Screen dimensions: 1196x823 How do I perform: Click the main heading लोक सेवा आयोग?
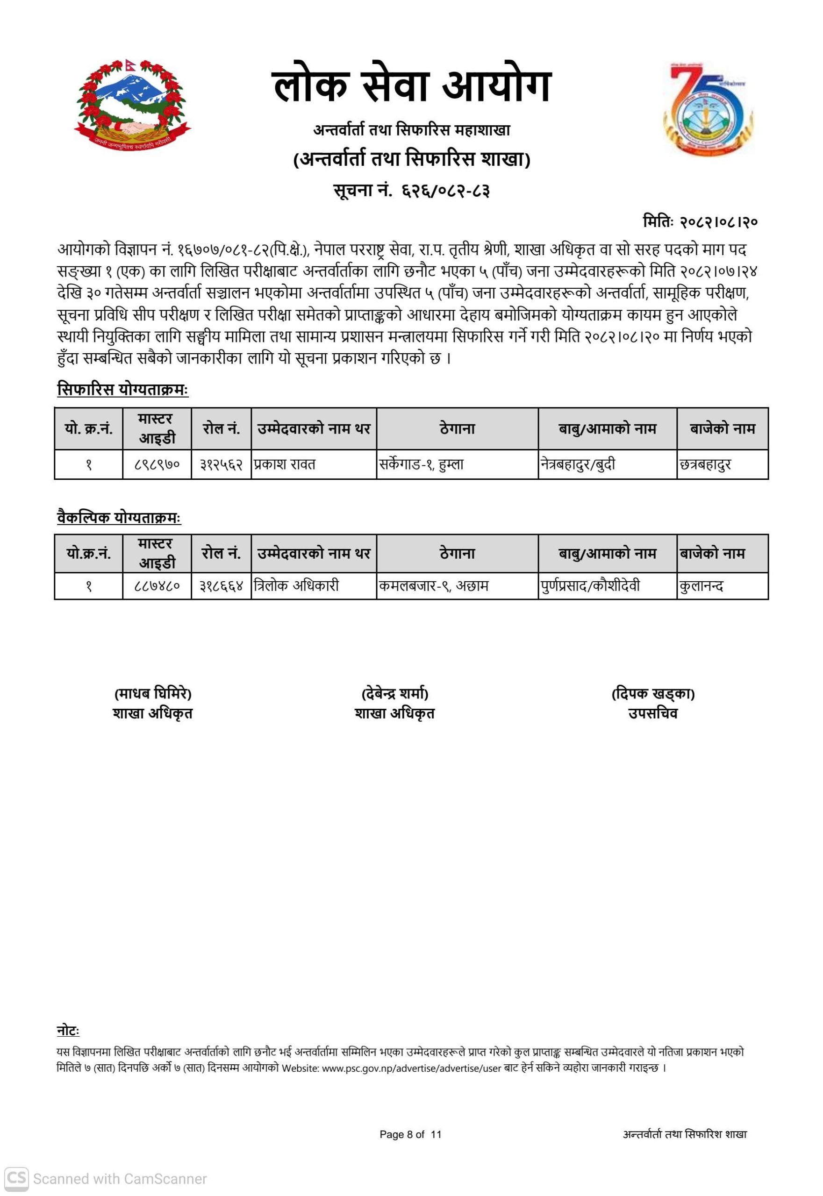(x=411, y=86)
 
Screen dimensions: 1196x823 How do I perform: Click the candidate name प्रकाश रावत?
(x=284, y=464)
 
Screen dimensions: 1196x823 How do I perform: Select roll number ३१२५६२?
(x=221, y=464)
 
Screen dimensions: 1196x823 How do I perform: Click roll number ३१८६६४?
(x=221, y=586)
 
